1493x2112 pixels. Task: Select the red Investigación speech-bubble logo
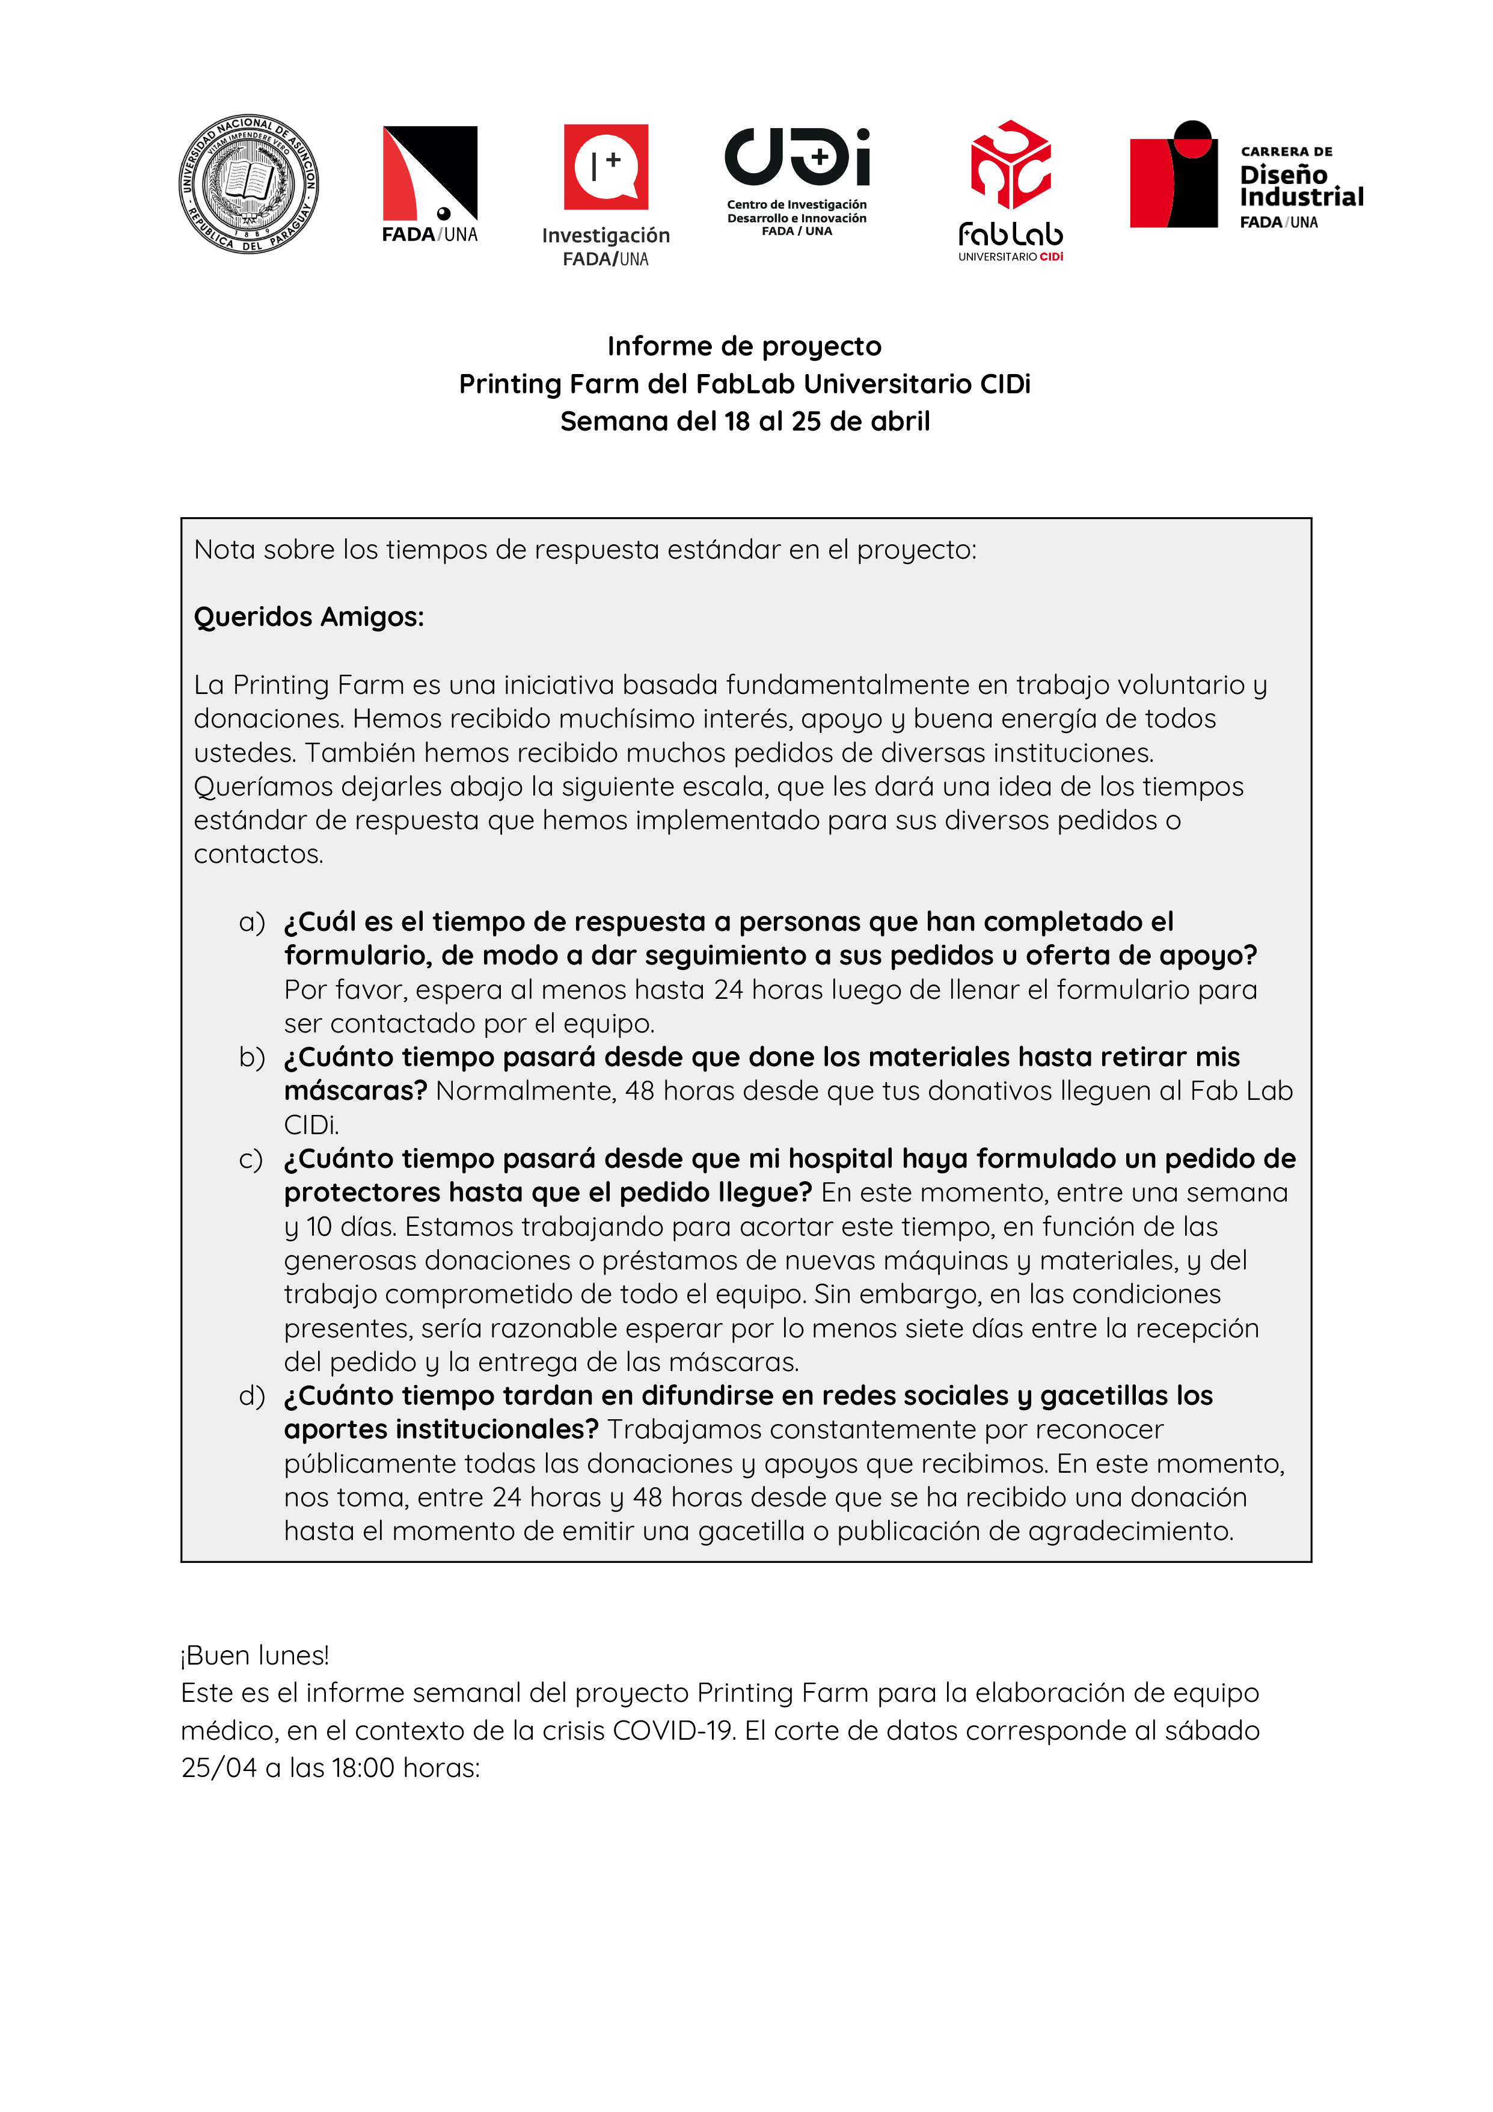(605, 167)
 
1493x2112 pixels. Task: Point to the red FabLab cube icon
(1010, 165)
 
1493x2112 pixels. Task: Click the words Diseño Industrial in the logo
(1300, 186)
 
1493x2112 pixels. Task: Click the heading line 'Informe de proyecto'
(744, 346)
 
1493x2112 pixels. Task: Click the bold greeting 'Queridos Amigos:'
(309, 616)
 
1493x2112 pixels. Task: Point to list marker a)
(251, 922)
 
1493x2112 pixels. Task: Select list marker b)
(251, 1057)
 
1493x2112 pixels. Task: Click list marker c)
(251, 1159)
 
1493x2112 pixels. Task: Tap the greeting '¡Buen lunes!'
(255, 1656)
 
